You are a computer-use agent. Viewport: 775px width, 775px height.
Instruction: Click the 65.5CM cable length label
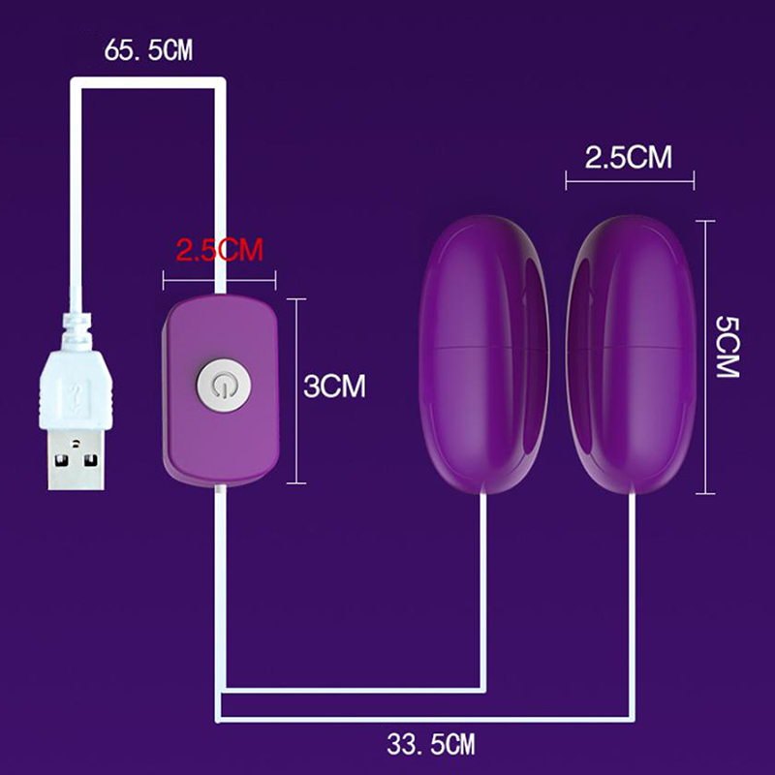148,50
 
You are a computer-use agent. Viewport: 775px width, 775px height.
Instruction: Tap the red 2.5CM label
220,250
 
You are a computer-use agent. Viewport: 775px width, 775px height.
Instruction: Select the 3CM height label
334,386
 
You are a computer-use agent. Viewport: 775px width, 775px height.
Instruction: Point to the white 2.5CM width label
629,158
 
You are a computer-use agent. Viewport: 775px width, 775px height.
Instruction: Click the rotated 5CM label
728,347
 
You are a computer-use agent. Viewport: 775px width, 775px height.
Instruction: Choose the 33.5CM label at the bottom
430,744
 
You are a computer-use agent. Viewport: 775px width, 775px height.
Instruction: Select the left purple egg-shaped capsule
483,355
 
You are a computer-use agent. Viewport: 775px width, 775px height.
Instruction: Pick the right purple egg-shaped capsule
632,355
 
